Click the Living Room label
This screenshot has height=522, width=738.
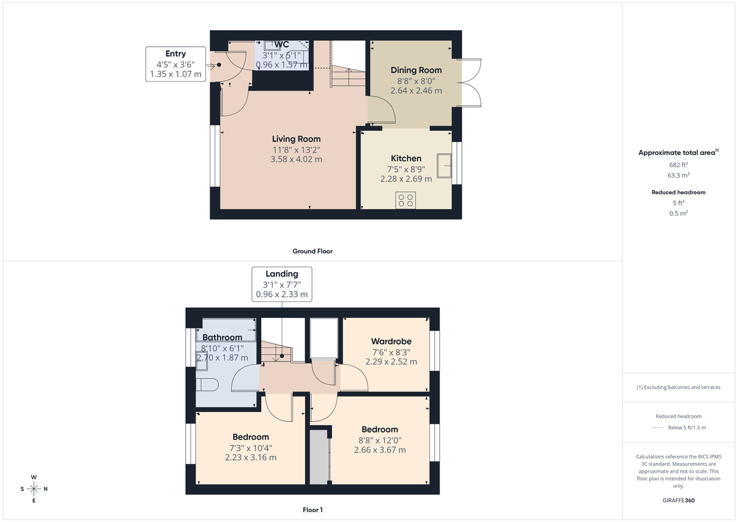(x=296, y=139)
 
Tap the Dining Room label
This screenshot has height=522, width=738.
(x=416, y=70)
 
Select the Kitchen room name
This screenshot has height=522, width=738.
(x=406, y=159)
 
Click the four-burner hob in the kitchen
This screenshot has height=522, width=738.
(x=406, y=200)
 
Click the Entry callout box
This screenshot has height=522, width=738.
(x=175, y=64)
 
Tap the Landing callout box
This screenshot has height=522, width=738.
(x=282, y=284)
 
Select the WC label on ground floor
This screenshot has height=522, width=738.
(x=282, y=44)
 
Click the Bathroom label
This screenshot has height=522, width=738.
(x=222, y=337)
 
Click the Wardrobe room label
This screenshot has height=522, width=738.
(x=391, y=341)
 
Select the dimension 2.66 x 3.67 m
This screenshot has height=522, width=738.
(x=379, y=449)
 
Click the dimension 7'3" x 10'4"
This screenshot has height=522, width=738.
(x=250, y=448)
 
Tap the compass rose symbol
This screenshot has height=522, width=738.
(x=34, y=489)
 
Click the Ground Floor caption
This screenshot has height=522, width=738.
(x=312, y=251)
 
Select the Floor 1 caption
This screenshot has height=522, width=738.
(x=312, y=510)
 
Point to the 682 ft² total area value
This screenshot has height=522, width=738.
(x=678, y=164)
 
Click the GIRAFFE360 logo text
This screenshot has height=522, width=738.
(x=678, y=500)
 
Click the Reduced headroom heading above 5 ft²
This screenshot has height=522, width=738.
(x=678, y=192)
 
